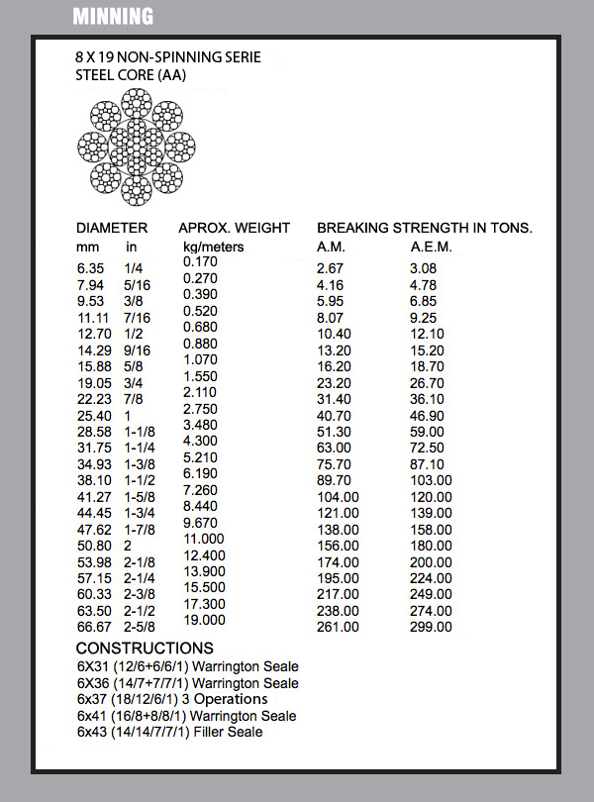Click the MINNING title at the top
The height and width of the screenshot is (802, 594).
(x=114, y=17)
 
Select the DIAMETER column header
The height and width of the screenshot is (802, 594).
(x=112, y=228)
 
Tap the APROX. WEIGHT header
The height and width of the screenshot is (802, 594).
(x=235, y=228)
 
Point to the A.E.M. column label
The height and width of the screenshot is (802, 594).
(x=432, y=247)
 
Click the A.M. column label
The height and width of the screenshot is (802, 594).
(x=331, y=247)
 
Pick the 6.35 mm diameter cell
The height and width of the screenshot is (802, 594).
(x=91, y=268)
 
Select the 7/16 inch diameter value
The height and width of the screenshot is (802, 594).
(x=138, y=317)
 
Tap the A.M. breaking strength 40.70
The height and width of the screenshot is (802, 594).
(x=334, y=416)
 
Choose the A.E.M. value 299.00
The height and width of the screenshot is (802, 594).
(x=431, y=627)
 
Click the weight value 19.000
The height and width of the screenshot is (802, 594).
(x=204, y=620)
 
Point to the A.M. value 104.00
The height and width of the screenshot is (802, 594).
(x=338, y=497)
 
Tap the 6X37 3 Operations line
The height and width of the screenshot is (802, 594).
(x=172, y=699)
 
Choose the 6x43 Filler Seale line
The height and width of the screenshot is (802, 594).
(x=169, y=732)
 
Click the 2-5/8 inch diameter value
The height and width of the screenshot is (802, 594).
(x=141, y=627)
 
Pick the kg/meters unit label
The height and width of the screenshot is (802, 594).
(x=213, y=247)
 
